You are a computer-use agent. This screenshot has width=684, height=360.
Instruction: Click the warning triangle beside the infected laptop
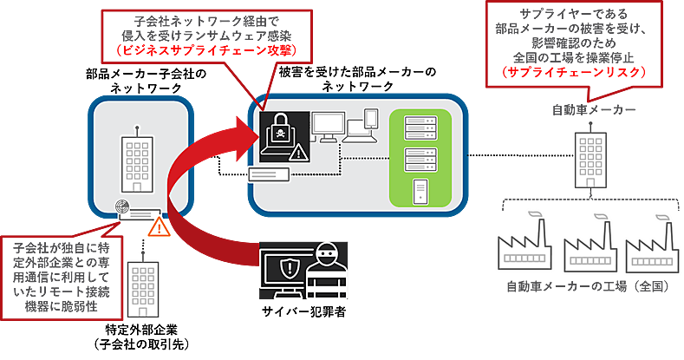click(x=299, y=154)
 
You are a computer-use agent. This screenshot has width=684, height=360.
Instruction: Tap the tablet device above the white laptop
click(x=370, y=117)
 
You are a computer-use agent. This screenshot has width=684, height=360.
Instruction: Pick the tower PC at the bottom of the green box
click(x=420, y=189)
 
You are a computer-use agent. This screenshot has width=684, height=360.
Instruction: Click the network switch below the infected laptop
click(x=267, y=175)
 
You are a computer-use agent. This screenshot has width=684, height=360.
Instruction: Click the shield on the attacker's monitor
click(x=288, y=267)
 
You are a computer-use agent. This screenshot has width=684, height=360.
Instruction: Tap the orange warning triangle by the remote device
click(x=159, y=227)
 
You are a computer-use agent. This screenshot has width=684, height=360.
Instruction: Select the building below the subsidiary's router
click(x=141, y=288)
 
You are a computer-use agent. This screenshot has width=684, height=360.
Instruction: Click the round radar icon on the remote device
click(x=124, y=209)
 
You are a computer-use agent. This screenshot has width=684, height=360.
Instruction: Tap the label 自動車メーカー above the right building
click(x=594, y=110)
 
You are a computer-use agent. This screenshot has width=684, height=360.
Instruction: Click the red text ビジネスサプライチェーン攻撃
click(x=207, y=51)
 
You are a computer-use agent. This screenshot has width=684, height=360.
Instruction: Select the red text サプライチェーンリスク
click(x=575, y=73)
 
